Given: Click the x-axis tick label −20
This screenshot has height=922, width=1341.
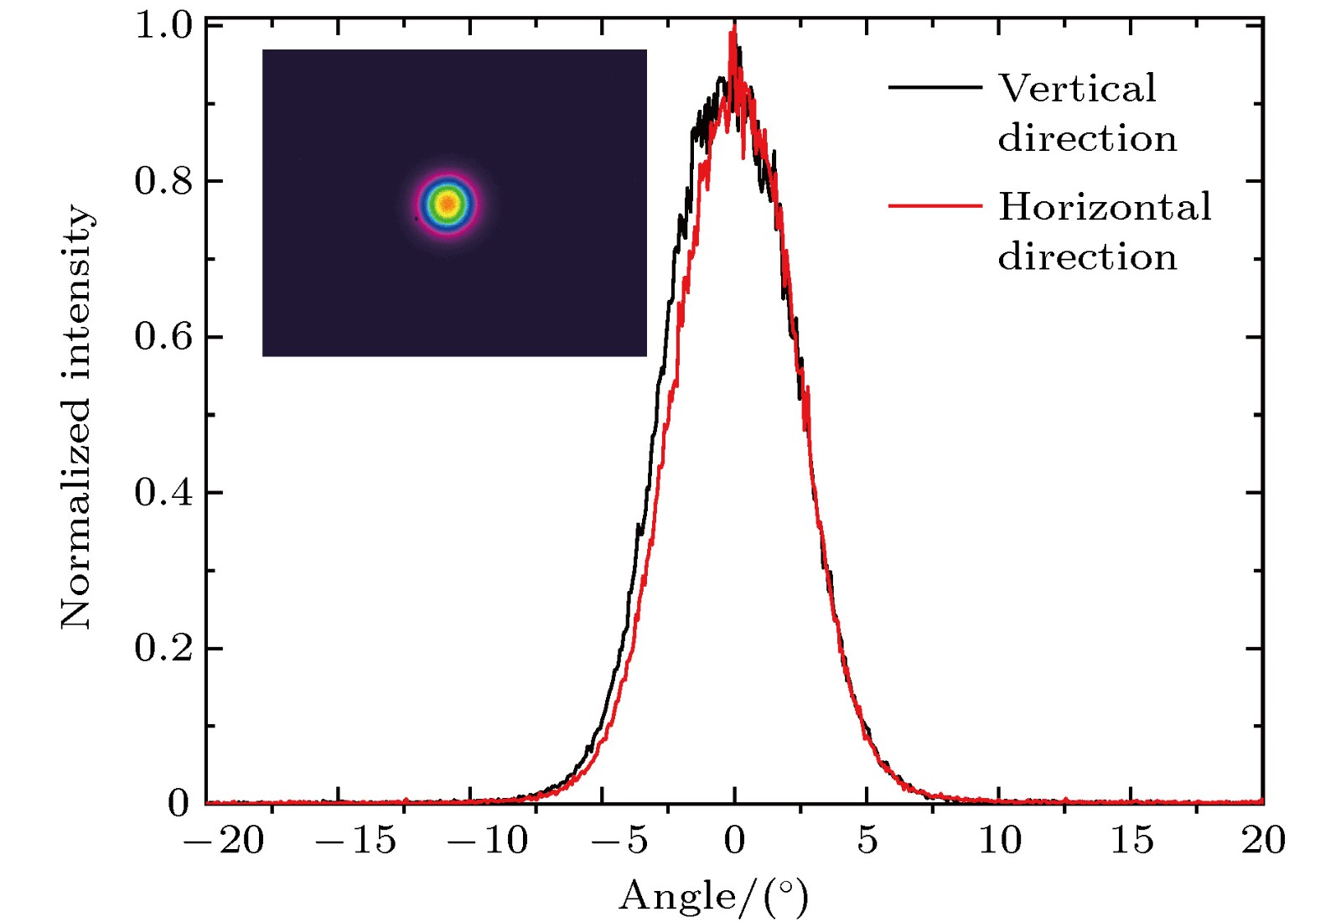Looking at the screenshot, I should (224, 841).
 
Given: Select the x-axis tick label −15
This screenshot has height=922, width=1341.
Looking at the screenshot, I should (356, 841).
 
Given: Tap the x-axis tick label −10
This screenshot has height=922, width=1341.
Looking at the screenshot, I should (489, 841).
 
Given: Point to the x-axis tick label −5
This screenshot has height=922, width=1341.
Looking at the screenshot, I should (620, 841).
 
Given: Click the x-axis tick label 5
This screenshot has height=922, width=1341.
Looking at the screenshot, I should (867, 841).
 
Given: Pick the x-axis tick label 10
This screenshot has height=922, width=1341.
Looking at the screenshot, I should (999, 841).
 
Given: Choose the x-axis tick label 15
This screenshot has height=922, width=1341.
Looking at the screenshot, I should (1131, 841).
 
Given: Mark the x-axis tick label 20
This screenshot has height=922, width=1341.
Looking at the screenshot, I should (1263, 841).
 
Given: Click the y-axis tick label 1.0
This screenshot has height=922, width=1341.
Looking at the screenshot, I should (164, 26).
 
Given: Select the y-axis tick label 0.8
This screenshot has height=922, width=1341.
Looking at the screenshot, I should (164, 181).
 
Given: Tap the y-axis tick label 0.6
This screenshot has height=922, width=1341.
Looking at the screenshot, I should (164, 337).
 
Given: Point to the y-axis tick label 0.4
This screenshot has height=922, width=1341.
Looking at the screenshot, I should (164, 493).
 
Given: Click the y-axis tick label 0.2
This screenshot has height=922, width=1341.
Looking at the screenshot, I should (164, 648).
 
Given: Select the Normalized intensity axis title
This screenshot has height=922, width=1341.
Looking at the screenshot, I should (76, 417).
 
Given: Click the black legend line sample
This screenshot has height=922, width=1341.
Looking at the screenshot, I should (935, 87).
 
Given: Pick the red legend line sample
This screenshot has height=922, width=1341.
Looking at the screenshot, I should (935, 205).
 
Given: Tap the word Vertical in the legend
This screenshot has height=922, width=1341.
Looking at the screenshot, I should (1077, 89).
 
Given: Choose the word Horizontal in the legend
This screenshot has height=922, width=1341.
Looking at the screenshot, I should (1105, 207).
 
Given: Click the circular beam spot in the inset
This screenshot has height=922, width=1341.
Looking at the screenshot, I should (448, 204).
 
